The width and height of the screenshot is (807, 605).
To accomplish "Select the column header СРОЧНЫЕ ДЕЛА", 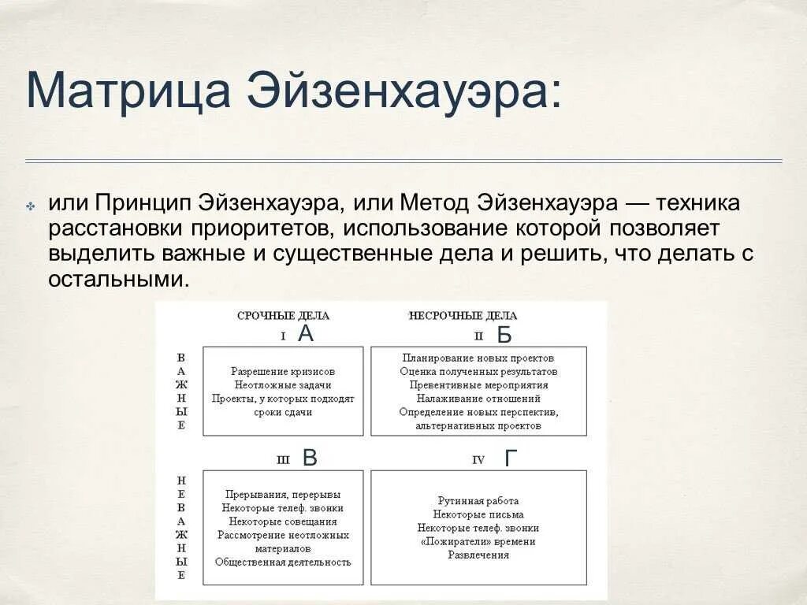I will pyautogui.click(x=283, y=316).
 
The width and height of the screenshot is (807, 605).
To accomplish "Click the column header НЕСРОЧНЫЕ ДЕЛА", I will pyautogui.click(x=463, y=316).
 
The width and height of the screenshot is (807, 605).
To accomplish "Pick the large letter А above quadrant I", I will pyautogui.click(x=306, y=334).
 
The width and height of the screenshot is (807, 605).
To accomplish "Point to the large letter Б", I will pyautogui.click(x=504, y=336).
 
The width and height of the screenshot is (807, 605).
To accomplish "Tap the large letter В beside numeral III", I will pyautogui.click(x=310, y=458).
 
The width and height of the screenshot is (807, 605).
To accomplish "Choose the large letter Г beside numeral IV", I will pyautogui.click(x=511, y=458).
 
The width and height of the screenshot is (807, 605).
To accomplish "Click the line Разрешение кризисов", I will pyautogui.click(x=283, y=371).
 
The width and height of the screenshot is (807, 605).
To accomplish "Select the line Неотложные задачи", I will pyautogui.click(x=283, y=385).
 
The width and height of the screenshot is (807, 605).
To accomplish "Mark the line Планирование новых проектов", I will pyautogui.click(x=478, y=358).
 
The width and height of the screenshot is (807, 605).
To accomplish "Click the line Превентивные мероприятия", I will pyautogui.click(x=478, y=385).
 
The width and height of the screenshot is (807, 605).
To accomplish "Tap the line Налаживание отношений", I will pyautogui.click(x=478, y=399).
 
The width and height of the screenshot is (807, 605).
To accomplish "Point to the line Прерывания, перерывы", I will pyautogui.click(x=283, y=495).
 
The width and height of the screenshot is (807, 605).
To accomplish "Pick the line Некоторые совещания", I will pyautogui.click(x=283, y=521).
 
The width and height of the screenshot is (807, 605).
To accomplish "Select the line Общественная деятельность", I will pyautogui.click(x=283, y=562).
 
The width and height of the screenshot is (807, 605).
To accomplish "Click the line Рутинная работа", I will pyautogui.click(x=478, y=501).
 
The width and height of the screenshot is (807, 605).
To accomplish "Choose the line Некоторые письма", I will pyautogui.click(x=478, y=514).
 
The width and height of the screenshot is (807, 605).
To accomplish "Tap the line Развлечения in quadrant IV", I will pyautogui.click(x=478, y=555).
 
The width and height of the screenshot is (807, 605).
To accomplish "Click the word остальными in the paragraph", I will pyautogui.click(x=118, y=280).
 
